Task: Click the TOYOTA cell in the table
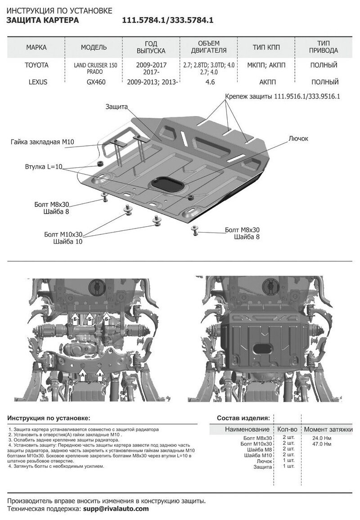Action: point(36,65)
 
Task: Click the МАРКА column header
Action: point(36,47)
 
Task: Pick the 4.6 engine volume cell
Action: point(208,82)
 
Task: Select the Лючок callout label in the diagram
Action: point(298,139)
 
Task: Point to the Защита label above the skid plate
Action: point(117,107)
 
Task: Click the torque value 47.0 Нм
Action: point(321,444)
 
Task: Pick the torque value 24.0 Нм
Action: point(321,438)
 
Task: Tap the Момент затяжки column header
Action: point(328,429)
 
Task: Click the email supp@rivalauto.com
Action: point(116,509)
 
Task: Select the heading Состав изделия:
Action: point(243,417)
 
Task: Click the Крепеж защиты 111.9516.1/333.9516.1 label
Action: point(282,96)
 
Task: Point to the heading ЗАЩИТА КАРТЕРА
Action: point(43,21)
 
